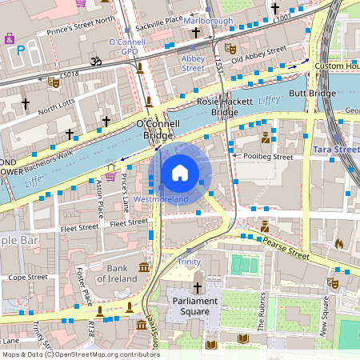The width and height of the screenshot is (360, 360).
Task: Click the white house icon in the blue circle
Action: (x=180, y=172)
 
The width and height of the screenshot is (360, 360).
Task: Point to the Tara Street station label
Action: (x=335, y=150)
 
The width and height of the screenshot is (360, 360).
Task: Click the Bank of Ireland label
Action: (x=118, y=274)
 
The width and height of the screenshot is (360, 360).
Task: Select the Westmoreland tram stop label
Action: (x=161, y=198)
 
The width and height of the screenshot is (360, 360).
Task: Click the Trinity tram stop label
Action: (x=189, y=262)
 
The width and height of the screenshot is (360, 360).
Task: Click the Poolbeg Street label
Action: (x=268, y=158)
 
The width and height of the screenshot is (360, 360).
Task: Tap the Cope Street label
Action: (x=27, y=277)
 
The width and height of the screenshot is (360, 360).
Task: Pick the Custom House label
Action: (x=336, y=66)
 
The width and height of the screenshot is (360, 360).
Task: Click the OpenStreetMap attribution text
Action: (x=80, y=354)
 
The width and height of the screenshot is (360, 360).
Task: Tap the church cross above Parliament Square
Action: (x=198, y=286)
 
